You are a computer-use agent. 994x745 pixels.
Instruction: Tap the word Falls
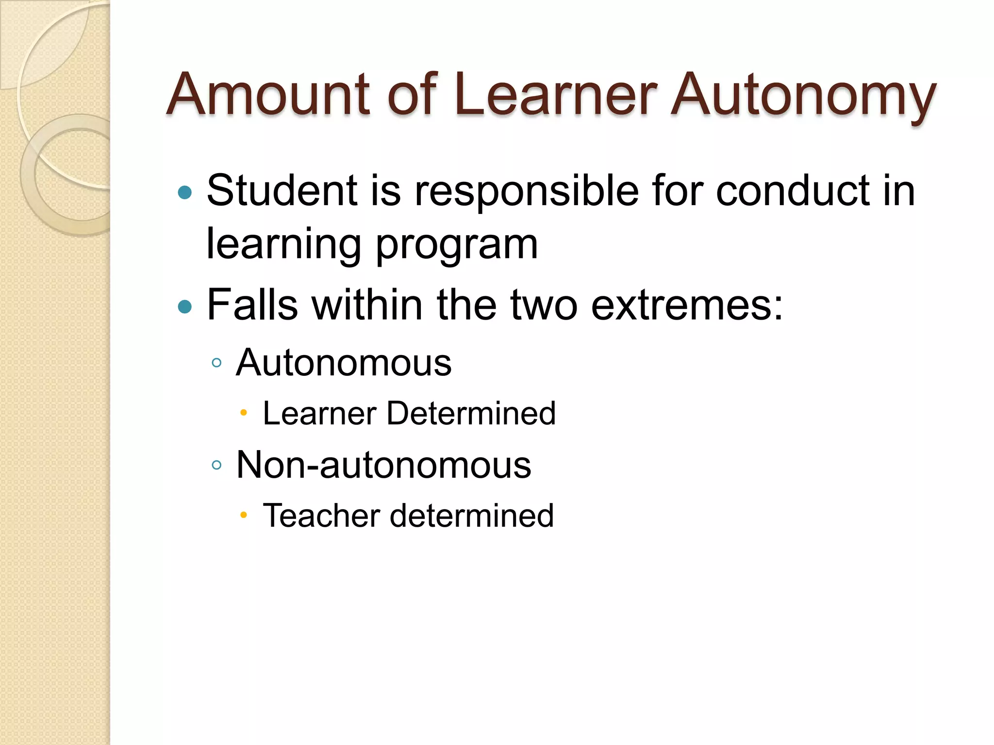(252, 305)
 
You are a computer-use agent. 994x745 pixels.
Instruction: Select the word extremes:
(687, 306)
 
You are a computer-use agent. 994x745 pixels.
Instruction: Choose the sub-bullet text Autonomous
(344, 363)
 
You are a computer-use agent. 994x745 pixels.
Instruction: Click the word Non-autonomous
(383, 465)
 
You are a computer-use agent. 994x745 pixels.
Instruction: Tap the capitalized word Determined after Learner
(471, 414)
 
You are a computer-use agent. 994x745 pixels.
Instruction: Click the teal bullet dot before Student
(185, 193)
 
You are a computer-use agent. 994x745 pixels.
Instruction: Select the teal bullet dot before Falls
(185, 307)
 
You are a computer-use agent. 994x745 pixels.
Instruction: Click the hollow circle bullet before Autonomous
(217, 363)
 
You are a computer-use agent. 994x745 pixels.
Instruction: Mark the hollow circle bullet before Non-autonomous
(217, 465)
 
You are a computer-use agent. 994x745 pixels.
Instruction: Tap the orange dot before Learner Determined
(244, 413)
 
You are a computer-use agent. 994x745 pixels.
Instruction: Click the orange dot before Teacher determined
(244, 515)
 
